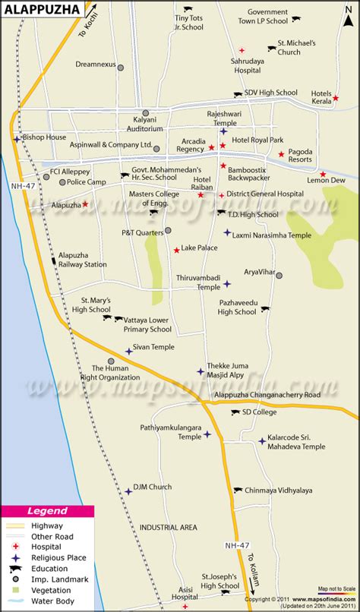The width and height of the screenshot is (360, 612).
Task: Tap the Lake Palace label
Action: pos(200,248)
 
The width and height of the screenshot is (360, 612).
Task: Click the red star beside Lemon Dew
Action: pos(324,175)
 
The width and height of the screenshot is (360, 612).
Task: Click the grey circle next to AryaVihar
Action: pos(279,275)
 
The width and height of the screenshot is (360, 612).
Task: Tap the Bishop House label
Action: pos(45,137)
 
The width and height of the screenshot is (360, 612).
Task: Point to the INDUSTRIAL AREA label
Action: pos(169,526)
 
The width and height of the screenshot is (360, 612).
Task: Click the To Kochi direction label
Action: pos(90,29)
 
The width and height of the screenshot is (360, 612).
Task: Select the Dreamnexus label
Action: pos(95,66)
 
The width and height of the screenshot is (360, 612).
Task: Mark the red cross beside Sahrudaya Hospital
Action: pos(232,59)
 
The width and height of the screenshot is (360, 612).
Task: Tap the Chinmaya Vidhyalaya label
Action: pos(283,491)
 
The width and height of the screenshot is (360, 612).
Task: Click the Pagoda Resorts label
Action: pos(312,156)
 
